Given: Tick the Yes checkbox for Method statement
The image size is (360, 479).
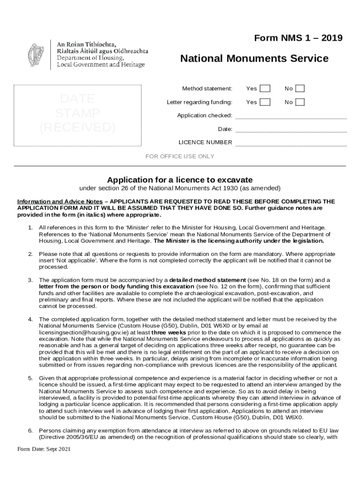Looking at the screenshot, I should coord(265,88).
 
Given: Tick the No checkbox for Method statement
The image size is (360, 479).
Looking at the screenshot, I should coord(300,88).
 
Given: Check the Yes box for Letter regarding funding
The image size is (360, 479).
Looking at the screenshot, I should coord(265,102).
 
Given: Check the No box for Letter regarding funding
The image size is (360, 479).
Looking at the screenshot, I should coord(300,102).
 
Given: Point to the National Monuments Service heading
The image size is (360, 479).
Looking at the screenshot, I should coord(254,58).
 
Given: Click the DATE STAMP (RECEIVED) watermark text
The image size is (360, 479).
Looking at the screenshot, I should coord(78,113).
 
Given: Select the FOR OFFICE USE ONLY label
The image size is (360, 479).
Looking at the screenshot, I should coord(180,156).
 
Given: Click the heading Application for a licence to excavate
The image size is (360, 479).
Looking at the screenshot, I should coord(180,180).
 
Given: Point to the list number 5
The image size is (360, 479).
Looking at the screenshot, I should coord(30,378).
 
